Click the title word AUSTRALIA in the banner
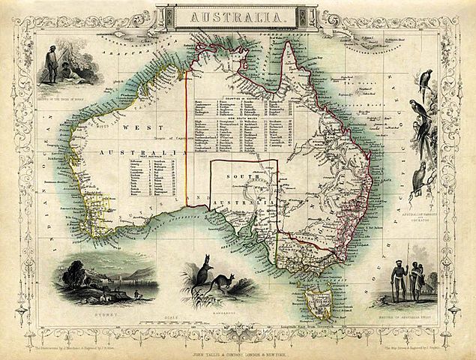pos(238,16)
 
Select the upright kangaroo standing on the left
pos(200,274)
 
